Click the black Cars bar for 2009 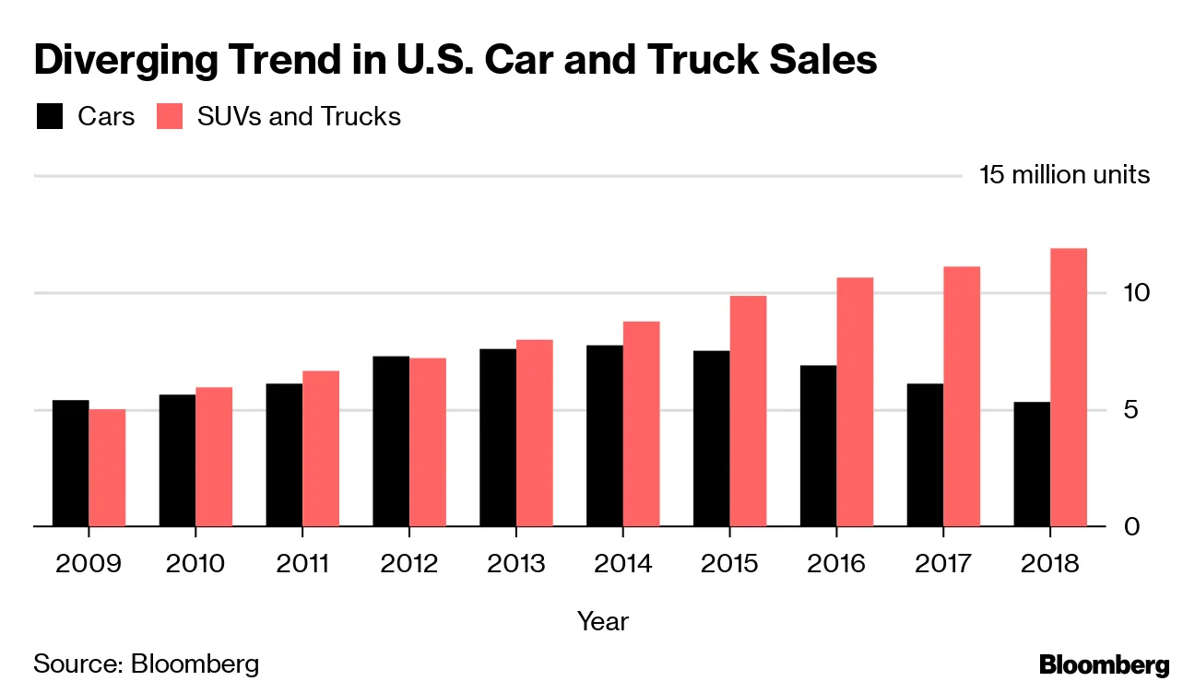(70, 464)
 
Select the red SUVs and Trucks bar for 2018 (1069, 387)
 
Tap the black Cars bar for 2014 (605, 436)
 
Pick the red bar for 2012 (428, 442)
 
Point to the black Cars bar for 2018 (1032, 464)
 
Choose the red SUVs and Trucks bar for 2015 (748, 411)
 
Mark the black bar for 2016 (818, 446)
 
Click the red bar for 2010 (214, 457)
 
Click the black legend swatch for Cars (50, 117)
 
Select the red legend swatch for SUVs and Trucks (170, 117)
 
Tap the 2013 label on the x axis (515, 563)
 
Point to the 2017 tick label (943, 563)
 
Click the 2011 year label (302, 563)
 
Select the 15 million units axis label (1064, 175)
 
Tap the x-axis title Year (602, 621)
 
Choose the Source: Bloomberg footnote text (147, 664)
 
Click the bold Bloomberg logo (1104, 665)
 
